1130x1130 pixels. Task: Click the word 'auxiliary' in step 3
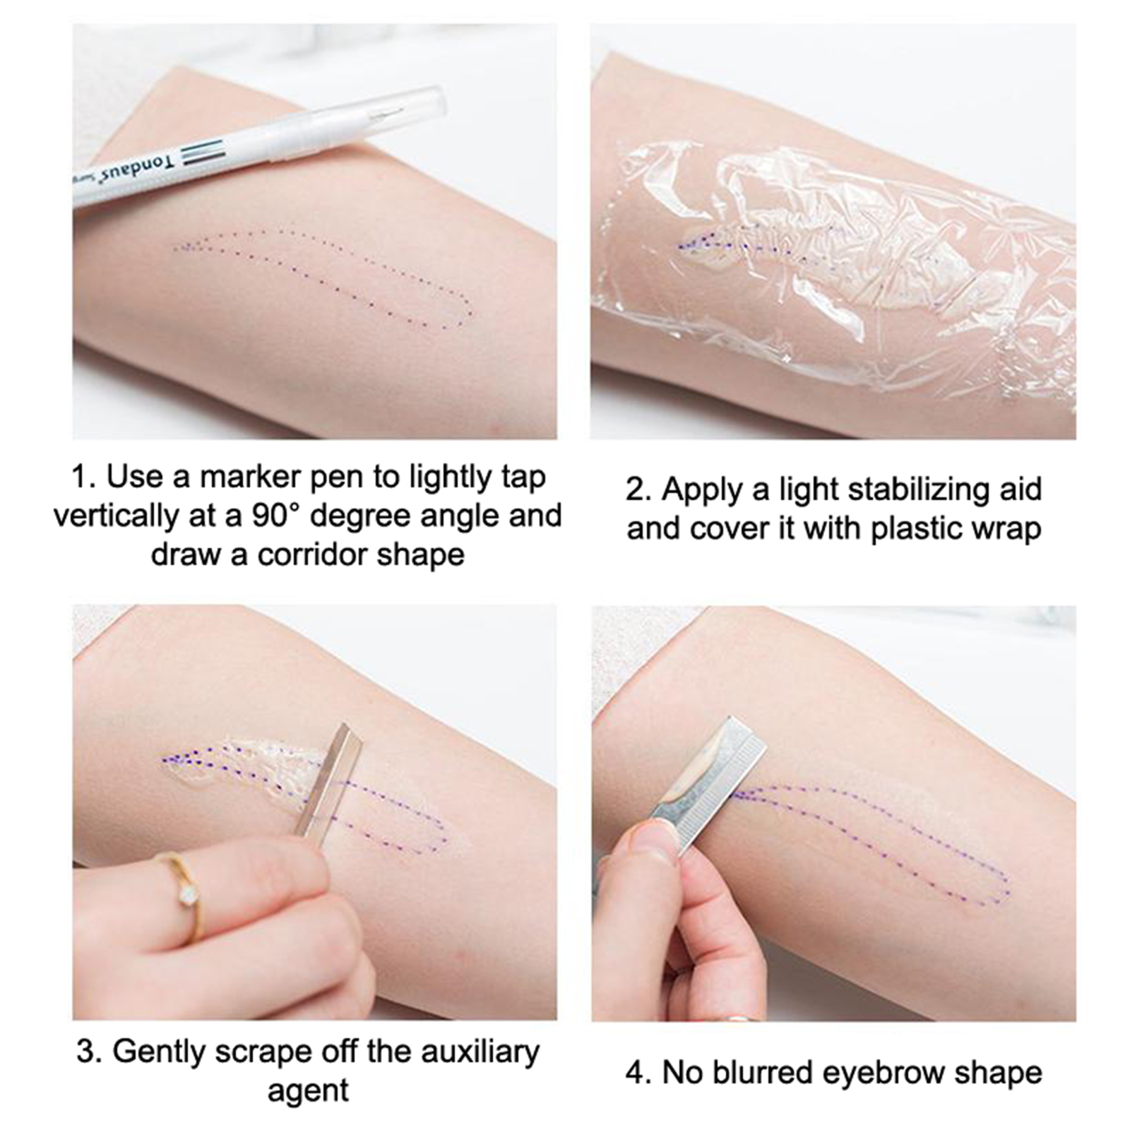click(x=480, y=1052)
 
